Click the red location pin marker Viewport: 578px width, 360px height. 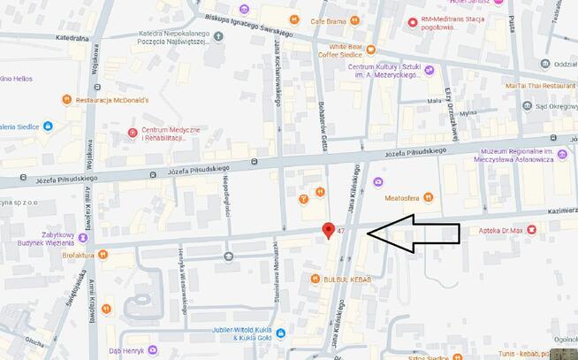(329, 231)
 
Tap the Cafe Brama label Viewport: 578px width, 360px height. (330, 19)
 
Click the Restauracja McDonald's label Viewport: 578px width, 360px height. (111, 100)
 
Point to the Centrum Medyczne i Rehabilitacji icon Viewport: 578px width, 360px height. (132, 134)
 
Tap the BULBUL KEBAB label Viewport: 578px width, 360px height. (346, 280)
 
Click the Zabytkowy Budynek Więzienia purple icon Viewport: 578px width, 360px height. (84, 238)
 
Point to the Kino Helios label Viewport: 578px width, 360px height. (16, 79)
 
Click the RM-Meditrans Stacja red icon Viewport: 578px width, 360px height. (413, 22)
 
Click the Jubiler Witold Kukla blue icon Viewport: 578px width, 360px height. (280, 333)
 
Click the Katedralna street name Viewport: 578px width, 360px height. (72, 39)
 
